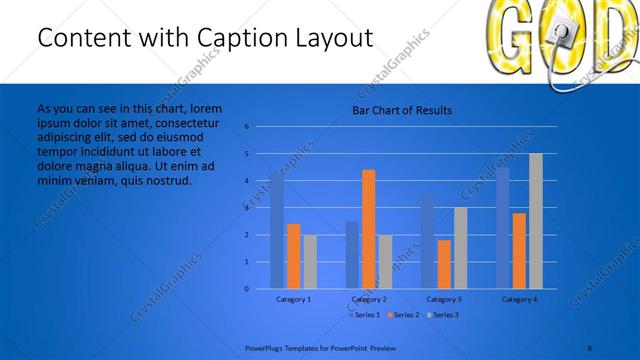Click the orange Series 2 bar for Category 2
coord(369,229)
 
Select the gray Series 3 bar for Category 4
coord(536,221)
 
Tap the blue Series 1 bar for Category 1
coord(277,230)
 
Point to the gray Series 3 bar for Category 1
coord(310,262)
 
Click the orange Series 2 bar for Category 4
coord(519,251)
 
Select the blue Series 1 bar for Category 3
coord(427,241)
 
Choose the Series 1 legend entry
coord(364,315)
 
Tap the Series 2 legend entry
coord(403,315)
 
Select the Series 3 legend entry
coord(441,315)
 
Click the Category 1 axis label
coord(293,299)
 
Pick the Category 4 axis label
coord(519,299)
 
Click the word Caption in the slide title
coord(233,38)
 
